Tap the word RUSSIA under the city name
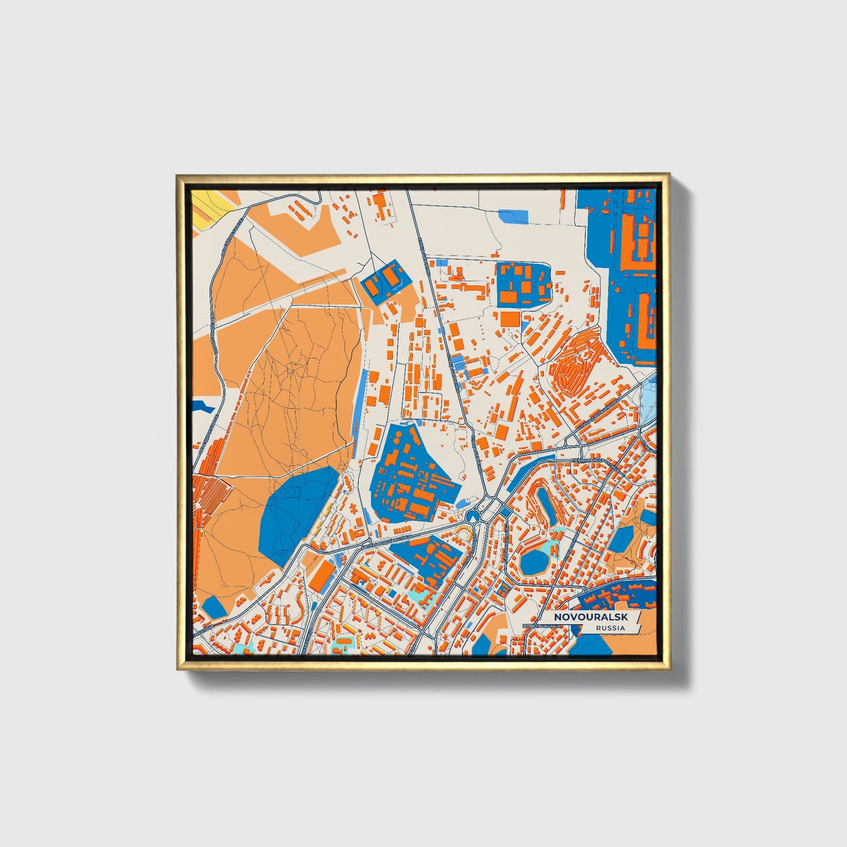(610, 628)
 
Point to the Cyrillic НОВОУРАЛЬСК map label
(542, 627)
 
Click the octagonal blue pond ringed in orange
(533, 562)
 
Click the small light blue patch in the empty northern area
(513, 216)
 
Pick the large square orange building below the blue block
(509, 319)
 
